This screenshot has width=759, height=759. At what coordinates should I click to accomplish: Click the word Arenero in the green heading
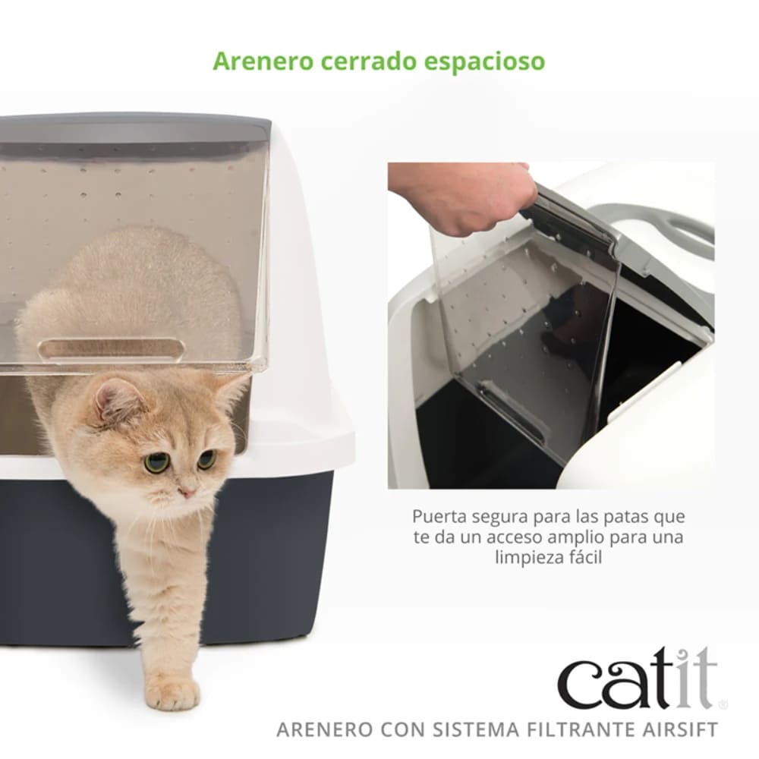pyautogui.click(x=253, y=61)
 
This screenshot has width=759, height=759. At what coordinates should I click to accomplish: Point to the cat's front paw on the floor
pyautogui.click(x=172, y=691)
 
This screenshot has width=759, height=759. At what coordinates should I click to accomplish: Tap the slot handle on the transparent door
pyautogui.click(x=111, y=350)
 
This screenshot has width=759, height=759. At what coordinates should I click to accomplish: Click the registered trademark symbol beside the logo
pyautogui.click(x=722, y=705)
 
